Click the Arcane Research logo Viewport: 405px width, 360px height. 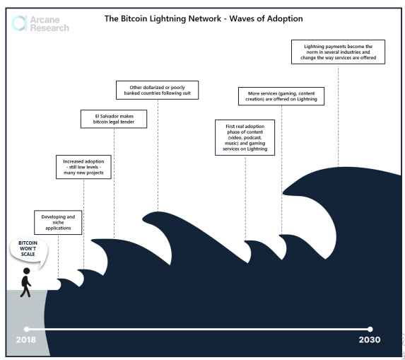point(40,23)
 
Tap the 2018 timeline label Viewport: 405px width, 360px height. point(26,339)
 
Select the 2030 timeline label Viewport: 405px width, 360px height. point(370,339)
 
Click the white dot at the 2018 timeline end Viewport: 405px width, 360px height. point(27,329)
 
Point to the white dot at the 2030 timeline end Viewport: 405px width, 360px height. point(370,329)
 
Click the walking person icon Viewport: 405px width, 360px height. point(26,282)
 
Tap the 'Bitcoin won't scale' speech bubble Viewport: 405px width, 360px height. point(29,250)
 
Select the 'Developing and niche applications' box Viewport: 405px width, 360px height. point(58,223)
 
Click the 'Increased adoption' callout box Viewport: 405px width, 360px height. point(83,167)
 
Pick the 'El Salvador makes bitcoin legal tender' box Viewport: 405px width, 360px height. point(114,119)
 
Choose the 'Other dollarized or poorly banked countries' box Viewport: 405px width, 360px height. point(158,91)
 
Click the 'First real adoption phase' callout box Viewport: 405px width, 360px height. point(245,137)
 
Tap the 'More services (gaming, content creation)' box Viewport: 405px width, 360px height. point(281,96)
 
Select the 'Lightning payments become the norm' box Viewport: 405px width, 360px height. point(338,52)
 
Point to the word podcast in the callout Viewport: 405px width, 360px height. point(252,137)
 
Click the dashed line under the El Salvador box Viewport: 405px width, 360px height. point(115,183)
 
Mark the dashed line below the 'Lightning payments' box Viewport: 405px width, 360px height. point(338,115)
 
